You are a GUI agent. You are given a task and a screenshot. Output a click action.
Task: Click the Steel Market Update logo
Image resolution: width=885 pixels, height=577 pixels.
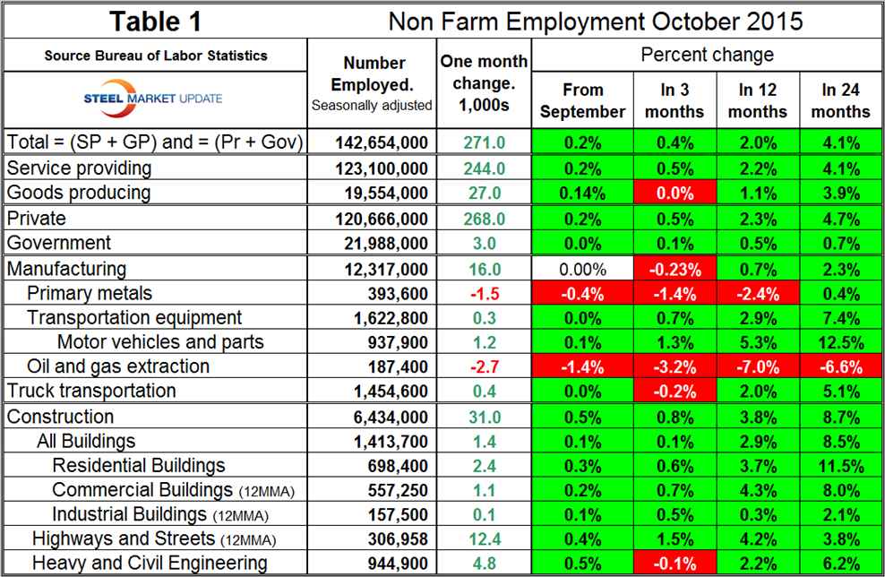(155, 98)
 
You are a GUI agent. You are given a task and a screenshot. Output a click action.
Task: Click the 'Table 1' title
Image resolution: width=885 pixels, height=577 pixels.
(155, 21)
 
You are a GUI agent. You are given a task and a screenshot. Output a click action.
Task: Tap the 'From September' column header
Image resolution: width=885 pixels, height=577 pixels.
(582, 100)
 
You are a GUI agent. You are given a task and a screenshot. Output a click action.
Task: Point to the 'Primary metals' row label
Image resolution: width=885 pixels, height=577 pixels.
(90, 293)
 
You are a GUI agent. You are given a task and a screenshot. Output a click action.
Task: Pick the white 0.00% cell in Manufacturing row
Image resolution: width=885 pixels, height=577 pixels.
(582, 269)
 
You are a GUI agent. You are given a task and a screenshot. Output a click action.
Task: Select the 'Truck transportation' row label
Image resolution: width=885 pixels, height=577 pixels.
(91, 391)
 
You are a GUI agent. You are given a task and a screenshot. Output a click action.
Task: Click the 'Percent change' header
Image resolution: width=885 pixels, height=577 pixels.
(708, 56)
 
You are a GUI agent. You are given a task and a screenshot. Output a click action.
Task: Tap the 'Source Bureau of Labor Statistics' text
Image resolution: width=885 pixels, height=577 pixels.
(155, 56)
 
